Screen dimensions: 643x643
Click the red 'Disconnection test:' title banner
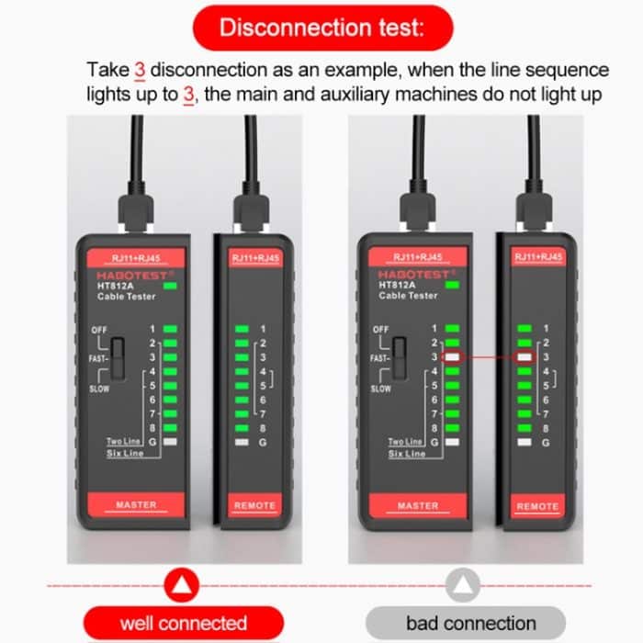321,27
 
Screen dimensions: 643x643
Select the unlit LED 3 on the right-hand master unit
452,356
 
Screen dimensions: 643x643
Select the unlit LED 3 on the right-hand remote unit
525,356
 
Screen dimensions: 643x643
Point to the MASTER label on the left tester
136,505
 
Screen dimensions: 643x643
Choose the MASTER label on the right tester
418,505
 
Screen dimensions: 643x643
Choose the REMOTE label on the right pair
537,506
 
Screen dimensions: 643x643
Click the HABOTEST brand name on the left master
129,274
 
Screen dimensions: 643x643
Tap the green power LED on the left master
170,286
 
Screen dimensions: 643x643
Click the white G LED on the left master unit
169,442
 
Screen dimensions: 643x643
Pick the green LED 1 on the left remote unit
242,329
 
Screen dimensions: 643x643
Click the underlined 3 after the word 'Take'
140,70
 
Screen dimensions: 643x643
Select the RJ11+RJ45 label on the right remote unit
537,257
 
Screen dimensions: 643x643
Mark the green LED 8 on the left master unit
169,427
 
